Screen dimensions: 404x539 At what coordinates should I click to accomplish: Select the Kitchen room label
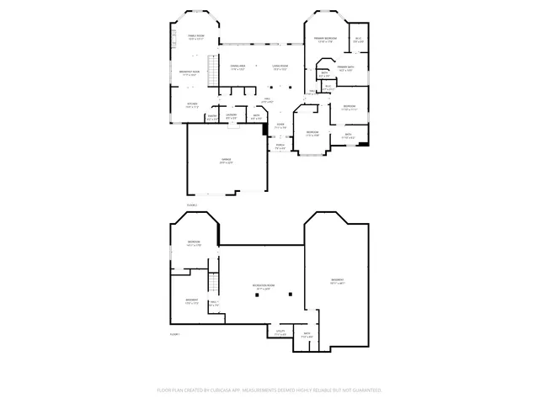[192, 105]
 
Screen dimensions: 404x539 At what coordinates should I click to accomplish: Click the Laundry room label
[231, 117]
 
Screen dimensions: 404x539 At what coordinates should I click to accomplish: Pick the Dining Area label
[237, 66]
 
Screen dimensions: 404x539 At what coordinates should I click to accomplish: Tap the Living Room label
[280, 66]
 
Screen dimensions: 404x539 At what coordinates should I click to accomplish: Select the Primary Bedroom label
[327, 39]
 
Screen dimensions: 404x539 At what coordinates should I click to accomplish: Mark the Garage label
[227, 159]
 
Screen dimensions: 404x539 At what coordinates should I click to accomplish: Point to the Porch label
[280, 146]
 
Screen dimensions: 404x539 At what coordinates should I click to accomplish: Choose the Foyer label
[280, 125]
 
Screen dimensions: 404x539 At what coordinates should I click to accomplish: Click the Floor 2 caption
[191, 205]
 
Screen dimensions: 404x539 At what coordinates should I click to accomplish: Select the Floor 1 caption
[175, 334]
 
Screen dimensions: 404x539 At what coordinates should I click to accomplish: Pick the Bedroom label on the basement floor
[194, 242]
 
